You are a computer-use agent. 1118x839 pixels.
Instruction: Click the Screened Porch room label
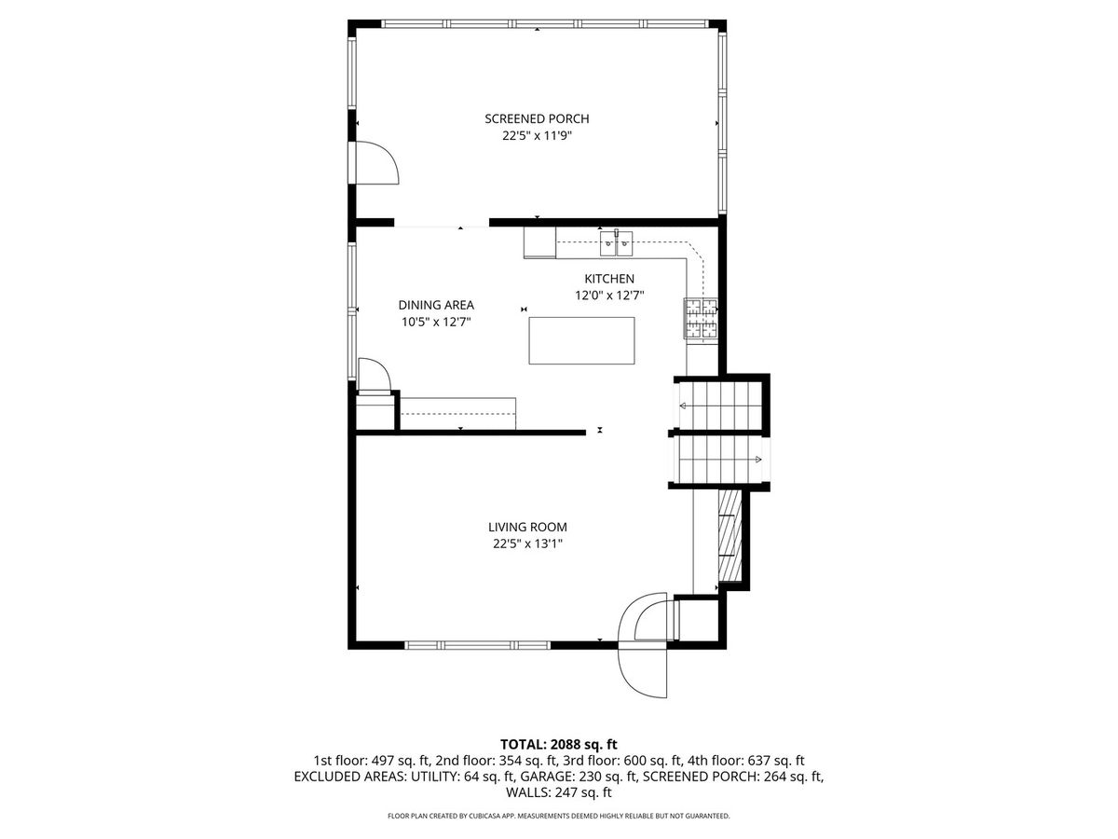(x=537, y=118)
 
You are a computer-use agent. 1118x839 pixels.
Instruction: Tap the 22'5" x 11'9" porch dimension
(x=537, y=136)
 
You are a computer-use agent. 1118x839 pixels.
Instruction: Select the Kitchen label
(x=609, y=279)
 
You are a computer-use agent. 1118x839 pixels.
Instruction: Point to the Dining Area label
(x=436, y=305)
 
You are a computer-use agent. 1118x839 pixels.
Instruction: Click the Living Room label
(x=527, y=527)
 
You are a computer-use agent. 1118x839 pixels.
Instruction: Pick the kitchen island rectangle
(x=581, y=340)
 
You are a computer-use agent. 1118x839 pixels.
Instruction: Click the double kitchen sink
(x=616, y=243)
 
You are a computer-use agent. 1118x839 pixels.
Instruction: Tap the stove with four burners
(x=701, y=319)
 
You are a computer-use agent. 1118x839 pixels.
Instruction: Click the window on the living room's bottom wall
(x=478, y=645)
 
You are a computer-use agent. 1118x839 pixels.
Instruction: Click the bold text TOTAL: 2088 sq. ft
(x=559, y=744)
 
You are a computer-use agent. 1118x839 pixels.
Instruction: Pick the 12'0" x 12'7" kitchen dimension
(x=609, y=296)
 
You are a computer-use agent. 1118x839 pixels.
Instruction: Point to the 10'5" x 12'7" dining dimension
(x=436, y=322)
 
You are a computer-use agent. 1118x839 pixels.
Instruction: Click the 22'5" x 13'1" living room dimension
(x=527, y=543)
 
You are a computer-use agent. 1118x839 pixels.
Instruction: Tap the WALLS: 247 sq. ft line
(x=559, y=792)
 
